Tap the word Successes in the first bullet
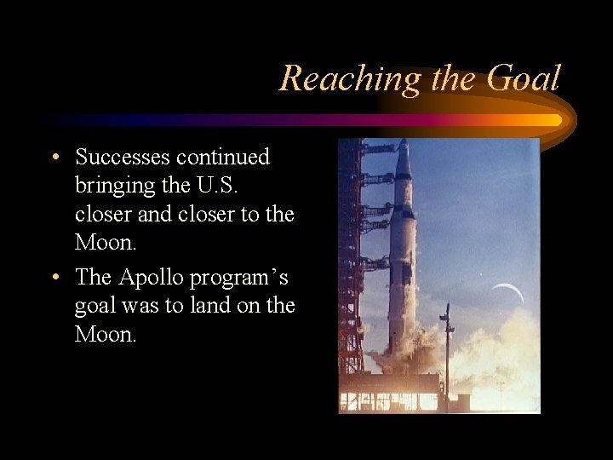[123, 157]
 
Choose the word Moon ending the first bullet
[106, 242]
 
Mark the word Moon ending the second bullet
[106, 334]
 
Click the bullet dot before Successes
[54, 158]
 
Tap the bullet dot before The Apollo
[54, 278]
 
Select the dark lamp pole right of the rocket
[446, 349]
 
